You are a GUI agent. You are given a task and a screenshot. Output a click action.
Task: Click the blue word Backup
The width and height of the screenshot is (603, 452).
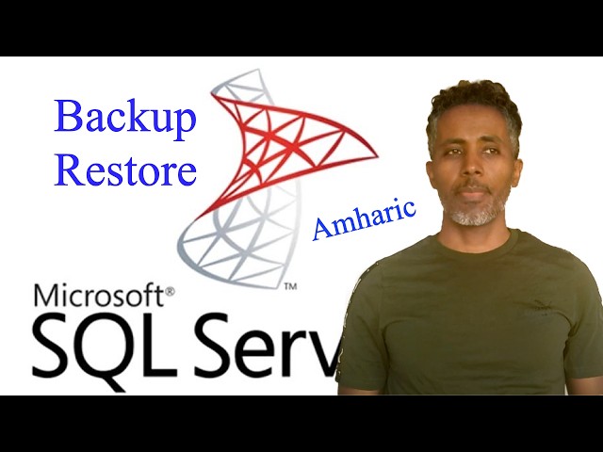tap(125, 118)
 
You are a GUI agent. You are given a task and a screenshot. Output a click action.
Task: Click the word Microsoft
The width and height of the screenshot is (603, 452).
tap(99, 297)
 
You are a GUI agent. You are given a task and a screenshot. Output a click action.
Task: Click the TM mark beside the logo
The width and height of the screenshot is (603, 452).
tap(291, 284)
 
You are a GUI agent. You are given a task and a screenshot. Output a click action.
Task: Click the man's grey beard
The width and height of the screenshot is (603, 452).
tap(477, 216)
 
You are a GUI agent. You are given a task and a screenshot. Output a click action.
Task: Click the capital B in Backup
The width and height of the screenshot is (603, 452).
tap(67, 118)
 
